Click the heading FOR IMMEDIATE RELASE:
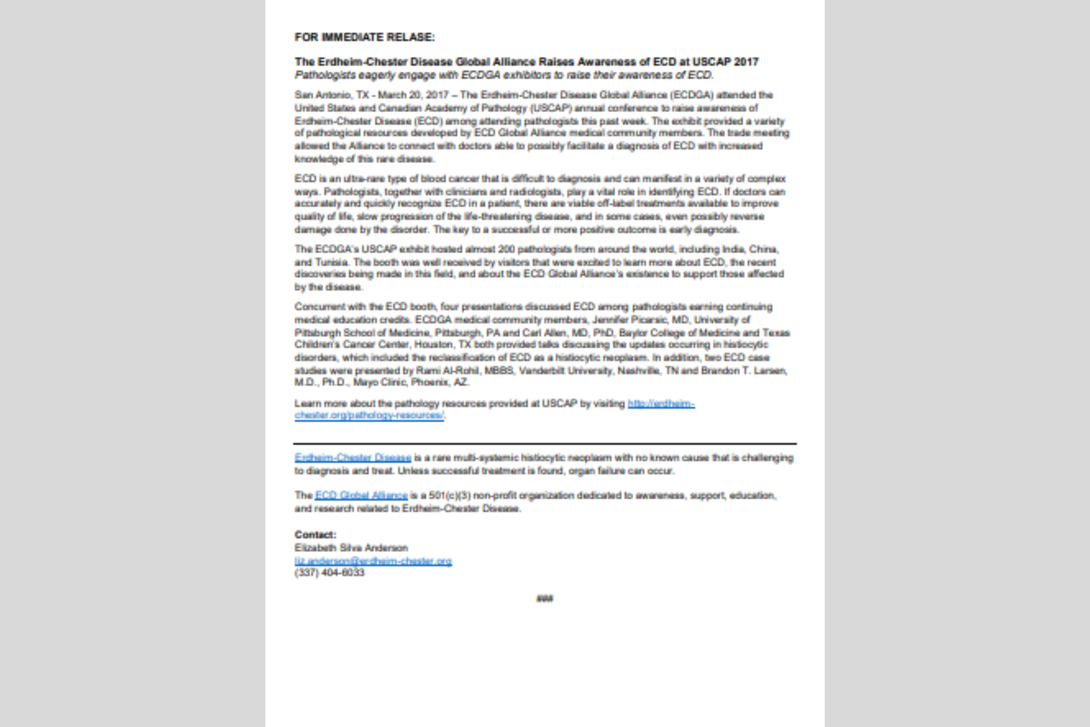[x=365, y=38]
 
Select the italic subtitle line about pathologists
[x=504, y=75]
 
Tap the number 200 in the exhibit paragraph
[x=506, y=249]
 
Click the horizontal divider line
[x=545, y=443]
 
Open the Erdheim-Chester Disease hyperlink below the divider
[x=353, y=457]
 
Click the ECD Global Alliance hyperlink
[x=362, y=496]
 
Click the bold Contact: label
[x=315, y=534]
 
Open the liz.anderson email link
[x=373, y=561]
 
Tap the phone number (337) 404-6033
[x=329, y=573]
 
